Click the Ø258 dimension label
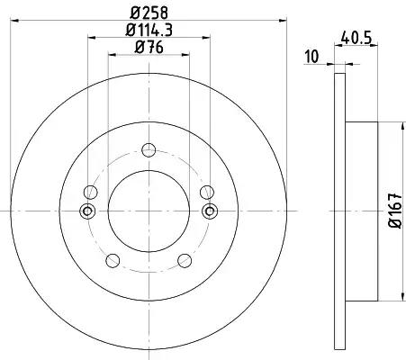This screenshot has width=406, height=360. tap(149, 13)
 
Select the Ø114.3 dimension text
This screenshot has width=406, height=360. tap(149, 30)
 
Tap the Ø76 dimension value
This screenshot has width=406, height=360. tap(149, 48)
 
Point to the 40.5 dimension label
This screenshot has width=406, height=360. tap(356, 38)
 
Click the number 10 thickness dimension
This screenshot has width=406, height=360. tap(312, 57)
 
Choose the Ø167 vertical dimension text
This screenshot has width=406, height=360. tap(395, 211)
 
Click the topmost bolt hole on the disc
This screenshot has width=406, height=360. tap(149, 150)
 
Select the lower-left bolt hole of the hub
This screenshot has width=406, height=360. tap(113, 260)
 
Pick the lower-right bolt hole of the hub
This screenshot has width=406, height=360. tap(185, 260)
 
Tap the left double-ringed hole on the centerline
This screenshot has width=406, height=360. tap(87, 211)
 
